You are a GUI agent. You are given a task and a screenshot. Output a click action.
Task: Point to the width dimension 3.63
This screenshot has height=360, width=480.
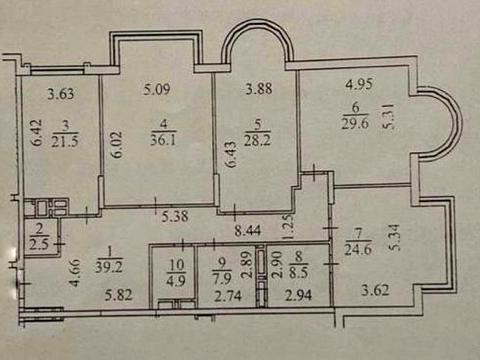(x=63, y=96)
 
